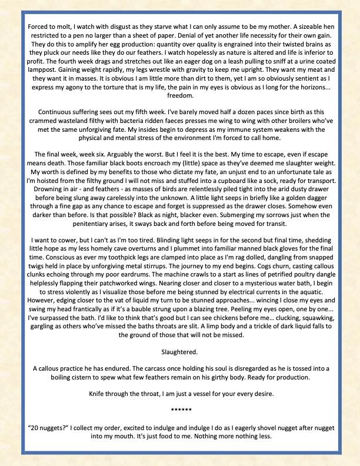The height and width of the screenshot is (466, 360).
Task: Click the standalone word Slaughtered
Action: click(x=180, y=351)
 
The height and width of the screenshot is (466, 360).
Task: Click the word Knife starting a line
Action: click(x=100, y=393)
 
